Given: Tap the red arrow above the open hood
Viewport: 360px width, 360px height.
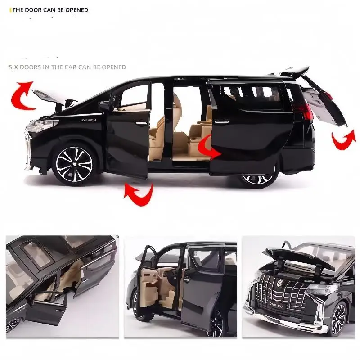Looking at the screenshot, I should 22,94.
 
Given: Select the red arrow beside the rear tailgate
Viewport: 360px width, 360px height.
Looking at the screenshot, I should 343,139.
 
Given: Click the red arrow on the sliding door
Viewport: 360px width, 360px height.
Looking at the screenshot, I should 209,148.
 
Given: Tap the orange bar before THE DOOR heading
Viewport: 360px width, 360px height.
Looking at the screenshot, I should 10,9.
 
